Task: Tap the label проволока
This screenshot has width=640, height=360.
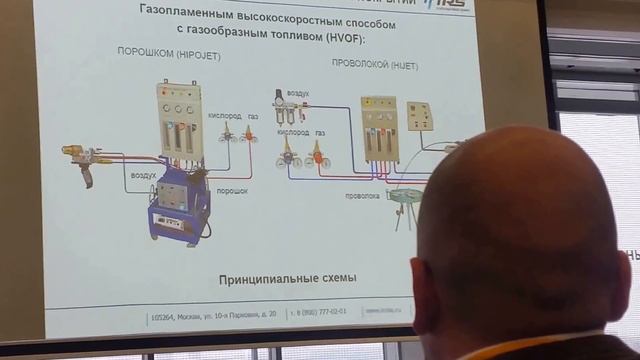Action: tap(361, 196)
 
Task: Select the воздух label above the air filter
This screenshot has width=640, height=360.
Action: tap(297, 92)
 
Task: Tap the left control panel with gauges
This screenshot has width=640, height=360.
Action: tap(179, 118)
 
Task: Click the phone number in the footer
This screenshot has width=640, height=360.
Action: tap(317, 311)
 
